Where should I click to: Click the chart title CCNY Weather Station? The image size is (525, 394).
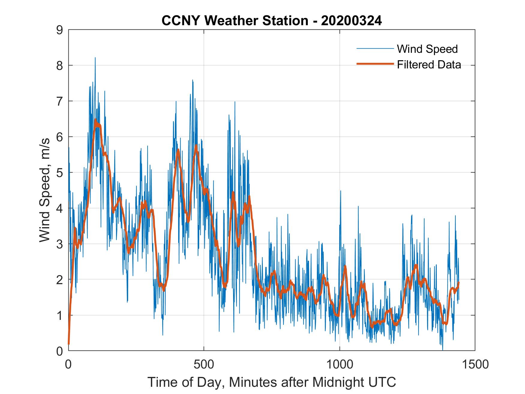pyautogui.click(x=235, y=21)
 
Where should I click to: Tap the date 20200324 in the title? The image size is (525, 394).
pyautogui.click(x=351, y=21)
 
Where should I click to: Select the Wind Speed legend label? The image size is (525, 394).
pyautogui.click(x=427, y=49)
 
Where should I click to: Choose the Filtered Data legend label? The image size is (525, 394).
pyautogui.click(x=429, y=65)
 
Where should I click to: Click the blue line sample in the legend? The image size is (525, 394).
pyautogui.click(x=375, y=49)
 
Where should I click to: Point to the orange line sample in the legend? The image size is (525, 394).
pyautogui.click(x=375, y=64)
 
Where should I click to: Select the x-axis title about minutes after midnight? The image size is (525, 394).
pyautogui.click(x=272, y=382)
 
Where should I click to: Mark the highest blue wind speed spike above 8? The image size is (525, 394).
pyautogui.click(x=95, y=58)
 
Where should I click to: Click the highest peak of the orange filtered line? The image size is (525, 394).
pyautogui.click(x=95, y=120)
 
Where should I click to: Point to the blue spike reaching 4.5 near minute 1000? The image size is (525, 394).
pyautogui.click(x=340, y=191)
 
